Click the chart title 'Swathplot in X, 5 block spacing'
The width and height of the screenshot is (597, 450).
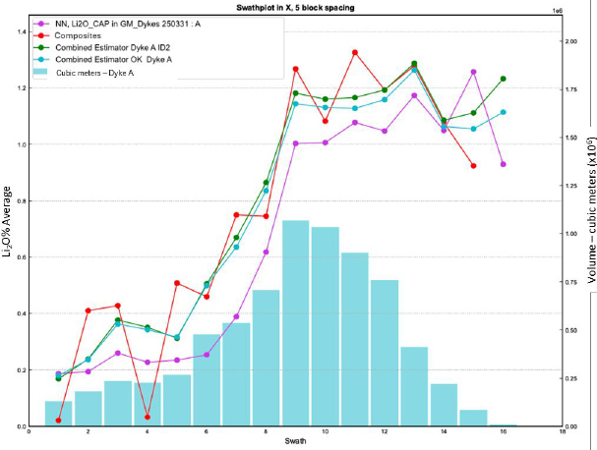(295, 8)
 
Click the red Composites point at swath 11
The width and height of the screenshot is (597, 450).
(355, 52)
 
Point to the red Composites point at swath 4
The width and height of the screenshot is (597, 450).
(148, 417)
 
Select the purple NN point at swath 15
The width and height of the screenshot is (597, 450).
(474, 72)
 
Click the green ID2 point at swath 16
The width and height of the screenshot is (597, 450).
(503, 79)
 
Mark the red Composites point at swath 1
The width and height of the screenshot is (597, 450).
(58, 421)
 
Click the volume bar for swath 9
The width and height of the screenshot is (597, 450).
(295, 323)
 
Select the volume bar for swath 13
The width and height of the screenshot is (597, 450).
(414, 386)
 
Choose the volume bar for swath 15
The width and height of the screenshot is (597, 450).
(474, 418)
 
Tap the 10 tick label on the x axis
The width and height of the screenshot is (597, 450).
(326, 431)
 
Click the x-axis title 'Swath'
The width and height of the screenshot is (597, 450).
(295, 441)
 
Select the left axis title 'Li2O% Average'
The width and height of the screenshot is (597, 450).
(7, 222)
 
